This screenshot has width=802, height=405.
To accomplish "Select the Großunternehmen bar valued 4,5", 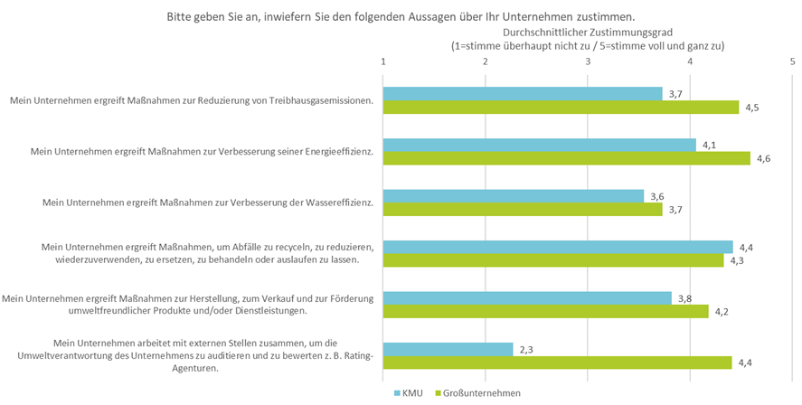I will coord(561,108).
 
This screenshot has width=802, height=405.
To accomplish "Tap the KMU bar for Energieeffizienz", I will coord(540,145).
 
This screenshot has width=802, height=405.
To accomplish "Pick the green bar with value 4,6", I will coord(567,158).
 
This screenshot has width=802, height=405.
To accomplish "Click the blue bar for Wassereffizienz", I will coord(514,196).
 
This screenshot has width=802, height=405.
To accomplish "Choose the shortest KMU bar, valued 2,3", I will coord(448,349).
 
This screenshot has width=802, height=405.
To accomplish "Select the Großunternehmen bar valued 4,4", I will coord(557,363).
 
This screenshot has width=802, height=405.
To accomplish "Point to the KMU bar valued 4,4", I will coord(557,247).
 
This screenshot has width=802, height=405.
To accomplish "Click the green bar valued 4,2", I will coord(546,311).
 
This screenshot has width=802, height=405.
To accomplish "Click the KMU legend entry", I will coord(410,393).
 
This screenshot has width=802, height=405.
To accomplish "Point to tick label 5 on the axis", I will coord(792,61).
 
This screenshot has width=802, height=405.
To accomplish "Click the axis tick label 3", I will coord(588,61).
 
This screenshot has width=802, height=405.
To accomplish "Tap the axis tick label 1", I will coord(384,61).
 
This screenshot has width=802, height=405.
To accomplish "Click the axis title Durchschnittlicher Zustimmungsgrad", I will coord(588,31).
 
